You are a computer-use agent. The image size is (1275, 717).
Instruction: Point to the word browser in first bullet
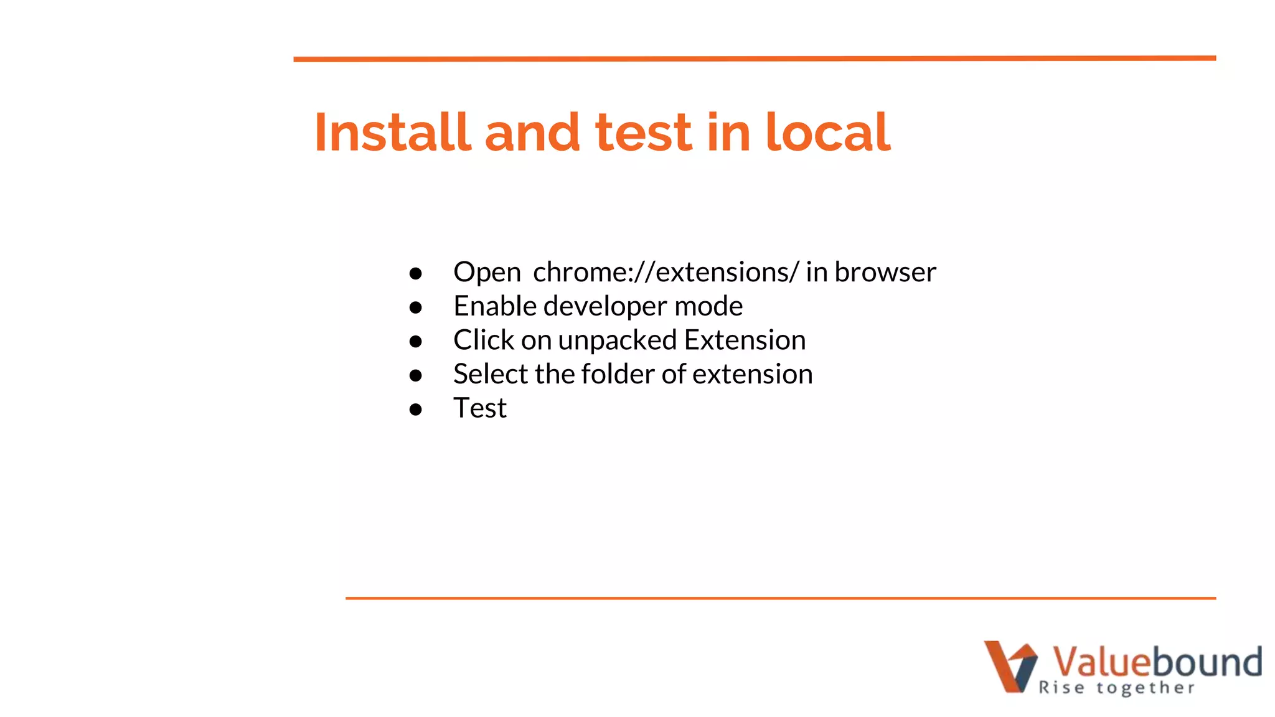pyautogui.click(x=885, y=272)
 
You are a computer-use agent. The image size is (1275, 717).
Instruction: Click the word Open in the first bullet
pyautogui.click(x=487, y=273)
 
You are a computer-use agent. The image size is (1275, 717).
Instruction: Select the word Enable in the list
pyautogui.click(x=495, y=306)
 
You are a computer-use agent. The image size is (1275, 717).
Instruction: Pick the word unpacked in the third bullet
pyautogui.click(x=617, y=340)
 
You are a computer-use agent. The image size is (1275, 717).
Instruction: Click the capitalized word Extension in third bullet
pyautogui.click(x=745, y=340)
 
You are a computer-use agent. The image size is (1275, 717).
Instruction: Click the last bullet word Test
pyautogui.click(x=480, y=408)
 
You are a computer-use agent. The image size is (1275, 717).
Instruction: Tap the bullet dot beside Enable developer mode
pyautogui.click(x=416, y=307)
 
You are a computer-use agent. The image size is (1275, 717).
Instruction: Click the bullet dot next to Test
pyautogui.click(x=416, y=410)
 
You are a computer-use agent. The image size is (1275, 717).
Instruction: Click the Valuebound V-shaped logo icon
pyautogui.click(x=1010, y=666)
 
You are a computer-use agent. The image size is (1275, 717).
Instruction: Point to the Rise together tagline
pyautogui.click(x=1117, y=688)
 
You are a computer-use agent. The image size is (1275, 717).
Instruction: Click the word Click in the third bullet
pyautogui.click(x=484, y=340)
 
